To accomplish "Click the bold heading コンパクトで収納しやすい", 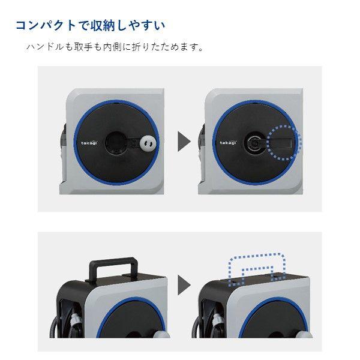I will tap(90, 26).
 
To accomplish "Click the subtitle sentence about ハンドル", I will tap(115, 47).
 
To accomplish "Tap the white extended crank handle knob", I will tap(147, 144).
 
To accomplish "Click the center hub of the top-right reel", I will tap(255, 143).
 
